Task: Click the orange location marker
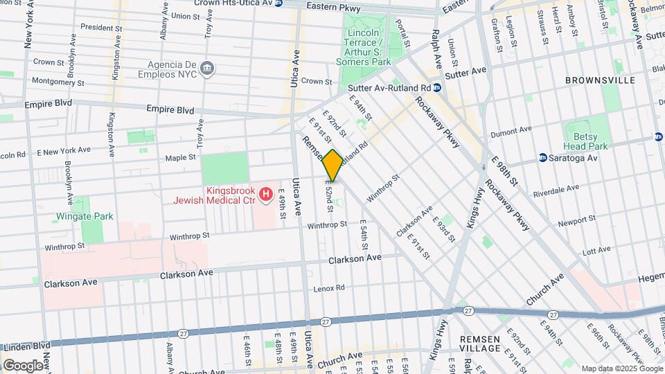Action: [x=332, y=166]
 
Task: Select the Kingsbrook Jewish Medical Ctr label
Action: [x=215, y=196]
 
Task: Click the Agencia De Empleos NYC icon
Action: [x=207, y=68]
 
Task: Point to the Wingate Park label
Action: [x=85, y=217]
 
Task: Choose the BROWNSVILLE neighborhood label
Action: [x=600, y=80]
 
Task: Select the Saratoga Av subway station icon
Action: [x=543, y=158]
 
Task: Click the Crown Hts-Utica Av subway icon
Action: [x=278, y=3]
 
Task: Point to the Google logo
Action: [x=23, y=365]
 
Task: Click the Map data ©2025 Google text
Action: [x=621, y=368]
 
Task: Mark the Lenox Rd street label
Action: [x=329, y=288]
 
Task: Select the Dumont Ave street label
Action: [x=511, y=131]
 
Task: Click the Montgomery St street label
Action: [x=58, y=82]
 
